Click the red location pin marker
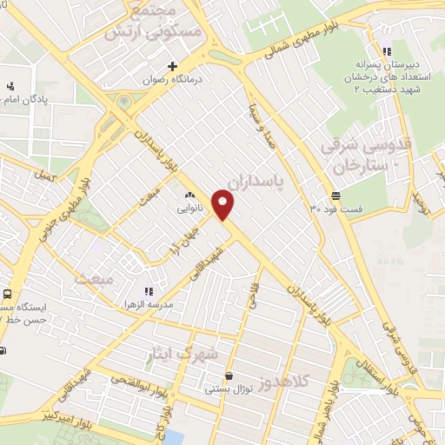point(225,205)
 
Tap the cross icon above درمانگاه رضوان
point(173,66)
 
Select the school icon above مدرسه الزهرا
point(149,290)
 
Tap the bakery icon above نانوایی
point(189,196)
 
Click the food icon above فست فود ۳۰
point(335,195)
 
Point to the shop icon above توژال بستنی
point(229,375)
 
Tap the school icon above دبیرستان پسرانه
point(388,50)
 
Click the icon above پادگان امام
point(10,85)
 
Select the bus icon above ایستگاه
point(7,295)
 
